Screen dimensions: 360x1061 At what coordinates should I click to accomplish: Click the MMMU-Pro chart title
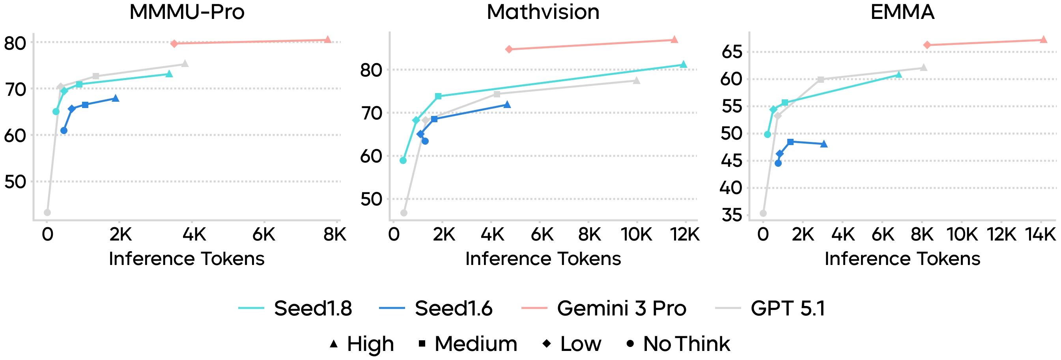pyautogui.click(x=187, y=12)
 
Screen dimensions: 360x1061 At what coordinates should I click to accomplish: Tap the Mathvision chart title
pyautogui.click(x=543, y=12)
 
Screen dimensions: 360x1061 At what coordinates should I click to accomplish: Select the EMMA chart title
pyautogui.click(x=902, y=12)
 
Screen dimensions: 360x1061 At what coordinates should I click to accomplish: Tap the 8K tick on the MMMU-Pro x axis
pyautogui.click(x=334, y=234)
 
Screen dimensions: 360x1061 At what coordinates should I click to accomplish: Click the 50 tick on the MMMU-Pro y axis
pyautogui.click(x=15, y=182)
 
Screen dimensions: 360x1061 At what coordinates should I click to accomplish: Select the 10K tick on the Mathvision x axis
pyautogui.click(x=636, y=234)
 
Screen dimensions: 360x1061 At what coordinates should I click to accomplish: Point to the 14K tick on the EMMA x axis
pyautogui.click(x=1040, y=234)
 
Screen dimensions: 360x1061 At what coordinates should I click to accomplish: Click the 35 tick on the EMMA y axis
pyautogui.click(x=732, y=215)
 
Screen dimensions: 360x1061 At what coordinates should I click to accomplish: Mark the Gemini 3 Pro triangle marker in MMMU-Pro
pyautogui.click(x=328, y=39)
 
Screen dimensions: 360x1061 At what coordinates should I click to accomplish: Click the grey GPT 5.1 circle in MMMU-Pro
pyautogui.click(x=47, y=213)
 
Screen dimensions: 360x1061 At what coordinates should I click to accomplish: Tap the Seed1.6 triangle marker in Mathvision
pyautogui.click(x=507, y=104)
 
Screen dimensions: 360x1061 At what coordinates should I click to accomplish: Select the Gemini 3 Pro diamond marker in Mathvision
pyautogui.click(x=509, y=49)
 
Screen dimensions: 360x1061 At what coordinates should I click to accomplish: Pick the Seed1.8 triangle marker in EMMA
pyautogui.click(x=899, y=75)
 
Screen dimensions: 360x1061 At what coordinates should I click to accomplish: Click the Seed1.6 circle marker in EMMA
pyautogui.click(x=778, y=163)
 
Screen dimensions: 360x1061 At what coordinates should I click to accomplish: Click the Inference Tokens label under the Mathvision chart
pyautogui.click(x=543, y=259)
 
